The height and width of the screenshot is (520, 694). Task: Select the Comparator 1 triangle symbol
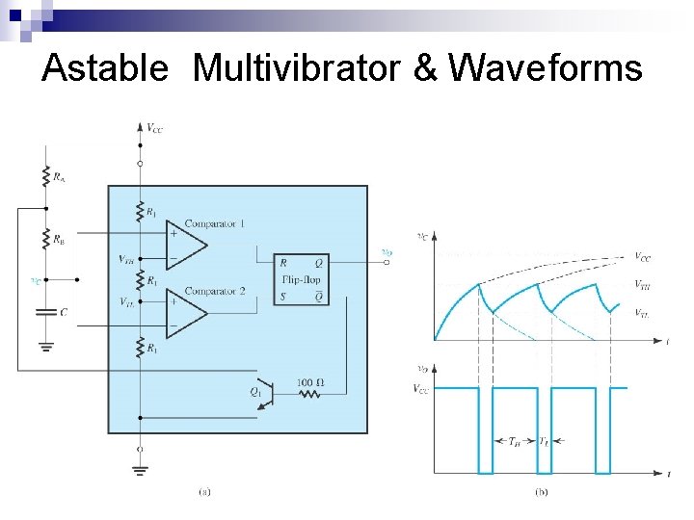(187, 247)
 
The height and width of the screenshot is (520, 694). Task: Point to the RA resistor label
(60, 177)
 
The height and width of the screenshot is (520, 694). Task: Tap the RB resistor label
(60, 239)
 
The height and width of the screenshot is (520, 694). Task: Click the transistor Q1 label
(255, 392)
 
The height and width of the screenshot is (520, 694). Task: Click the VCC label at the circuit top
(155, 126)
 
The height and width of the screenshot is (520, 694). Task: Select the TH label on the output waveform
(517, 441)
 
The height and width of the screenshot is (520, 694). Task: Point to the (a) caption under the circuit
(204, 491)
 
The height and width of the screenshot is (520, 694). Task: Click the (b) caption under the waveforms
(542, 491)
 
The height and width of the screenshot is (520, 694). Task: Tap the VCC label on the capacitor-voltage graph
(642, 257)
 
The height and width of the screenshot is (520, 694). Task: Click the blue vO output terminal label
(387, 252)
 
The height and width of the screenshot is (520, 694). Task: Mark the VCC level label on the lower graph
(422, 389)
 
